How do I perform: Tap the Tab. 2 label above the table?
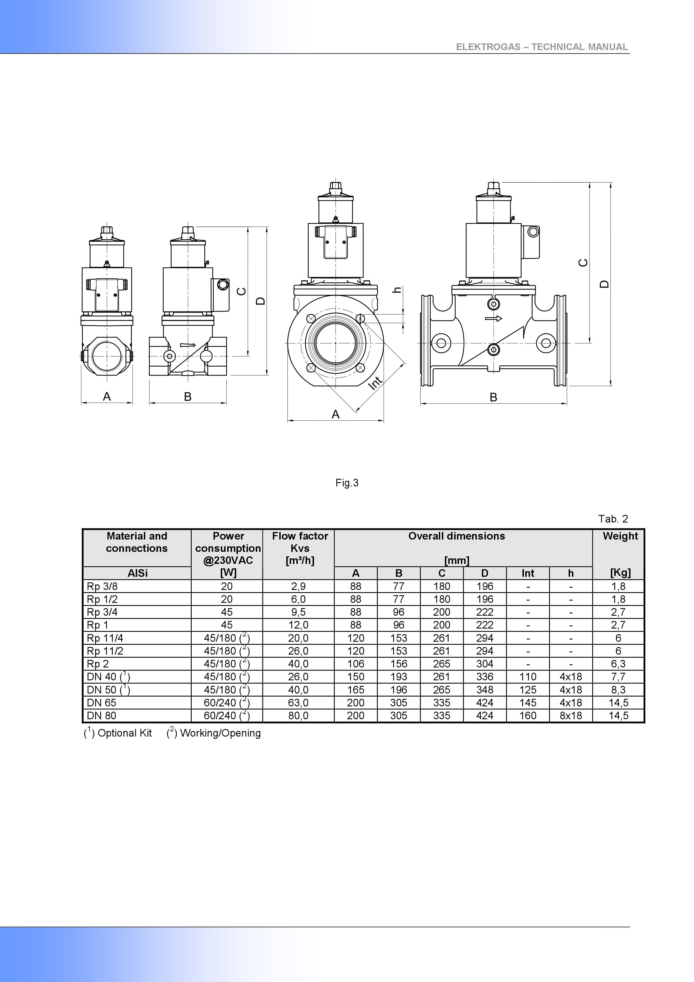(x=613, y=519)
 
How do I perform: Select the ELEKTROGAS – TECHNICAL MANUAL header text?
(x=542, y=47)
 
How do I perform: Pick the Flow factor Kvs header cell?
(x=300, y=548)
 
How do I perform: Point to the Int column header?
(x=528, y=573)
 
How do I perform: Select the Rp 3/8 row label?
(x=102, y=586)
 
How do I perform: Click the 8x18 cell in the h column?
(x=571, y=716)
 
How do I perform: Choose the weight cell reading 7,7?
(x=618, y=677)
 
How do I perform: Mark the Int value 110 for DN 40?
(x=528, y=677)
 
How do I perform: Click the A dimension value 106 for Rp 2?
(x=356, y=664)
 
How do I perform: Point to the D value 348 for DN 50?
(x=484, y=690)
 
